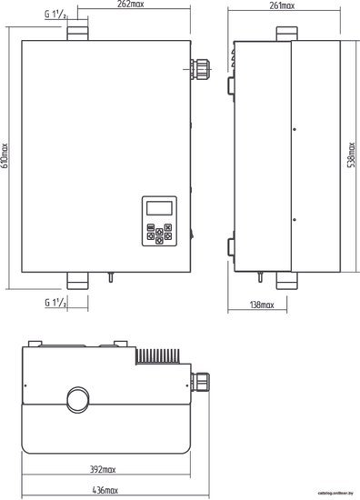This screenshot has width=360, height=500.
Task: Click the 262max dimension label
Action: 130,5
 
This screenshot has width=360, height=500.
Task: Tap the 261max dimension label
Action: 282,5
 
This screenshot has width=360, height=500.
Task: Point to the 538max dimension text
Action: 351,155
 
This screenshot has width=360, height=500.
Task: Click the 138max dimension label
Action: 262,305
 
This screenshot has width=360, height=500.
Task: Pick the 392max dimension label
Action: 103,469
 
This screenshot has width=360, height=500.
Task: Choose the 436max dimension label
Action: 105,490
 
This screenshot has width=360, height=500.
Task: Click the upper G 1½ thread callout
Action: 55,15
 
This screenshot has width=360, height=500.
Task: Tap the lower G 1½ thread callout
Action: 55,303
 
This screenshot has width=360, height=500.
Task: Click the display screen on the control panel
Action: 159,208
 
